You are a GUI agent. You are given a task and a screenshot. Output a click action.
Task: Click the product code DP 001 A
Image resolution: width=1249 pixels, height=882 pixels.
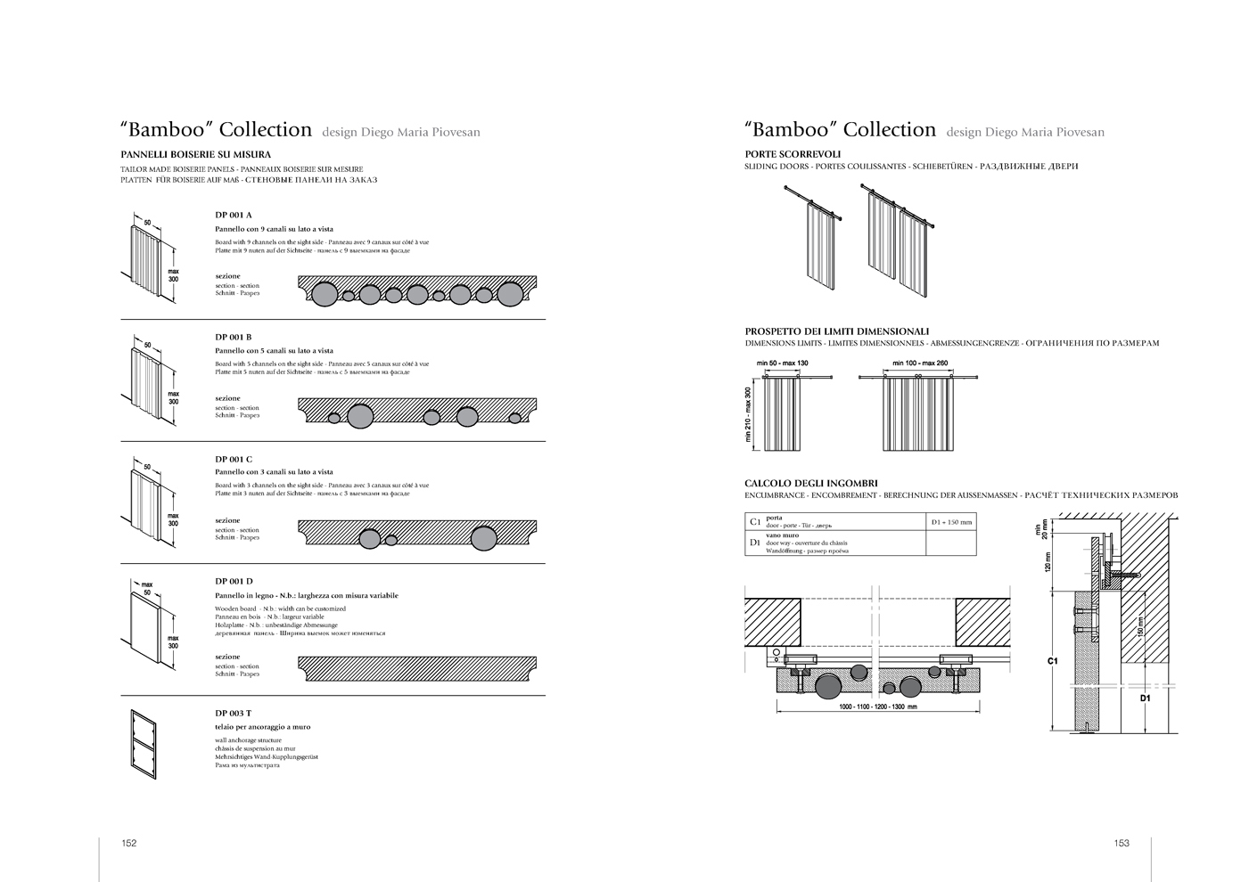[x=233, y=215]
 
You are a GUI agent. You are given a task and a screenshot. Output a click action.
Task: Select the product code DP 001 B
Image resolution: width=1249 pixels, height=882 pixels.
[x=233, y=337]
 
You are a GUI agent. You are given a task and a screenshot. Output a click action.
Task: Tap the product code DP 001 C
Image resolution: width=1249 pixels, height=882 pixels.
[x=233, y=459]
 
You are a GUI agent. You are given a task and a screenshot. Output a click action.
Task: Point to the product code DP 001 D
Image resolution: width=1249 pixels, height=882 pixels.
[x=234, y=581]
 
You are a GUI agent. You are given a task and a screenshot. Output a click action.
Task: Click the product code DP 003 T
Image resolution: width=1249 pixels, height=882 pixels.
[x=233, y=713]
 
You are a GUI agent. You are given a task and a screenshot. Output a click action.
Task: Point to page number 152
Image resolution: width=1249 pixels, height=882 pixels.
[x=128, y=843]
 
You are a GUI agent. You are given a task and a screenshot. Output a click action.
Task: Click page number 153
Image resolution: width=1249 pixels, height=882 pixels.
[x=1121, y=843]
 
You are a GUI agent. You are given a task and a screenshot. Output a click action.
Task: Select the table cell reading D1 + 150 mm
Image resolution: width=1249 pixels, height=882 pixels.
[x=951, y=521]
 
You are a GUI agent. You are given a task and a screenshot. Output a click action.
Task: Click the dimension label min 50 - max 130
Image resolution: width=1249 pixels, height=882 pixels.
[x=782, y=363]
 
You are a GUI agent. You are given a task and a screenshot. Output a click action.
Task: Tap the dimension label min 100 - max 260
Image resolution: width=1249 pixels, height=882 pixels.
[x=920, y=363]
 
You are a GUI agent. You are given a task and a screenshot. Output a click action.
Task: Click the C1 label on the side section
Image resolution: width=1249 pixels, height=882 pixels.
[x=1052, y=662]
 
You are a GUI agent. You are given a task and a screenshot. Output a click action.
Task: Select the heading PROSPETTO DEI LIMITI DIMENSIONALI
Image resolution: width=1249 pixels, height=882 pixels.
[x=836, y=331]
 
